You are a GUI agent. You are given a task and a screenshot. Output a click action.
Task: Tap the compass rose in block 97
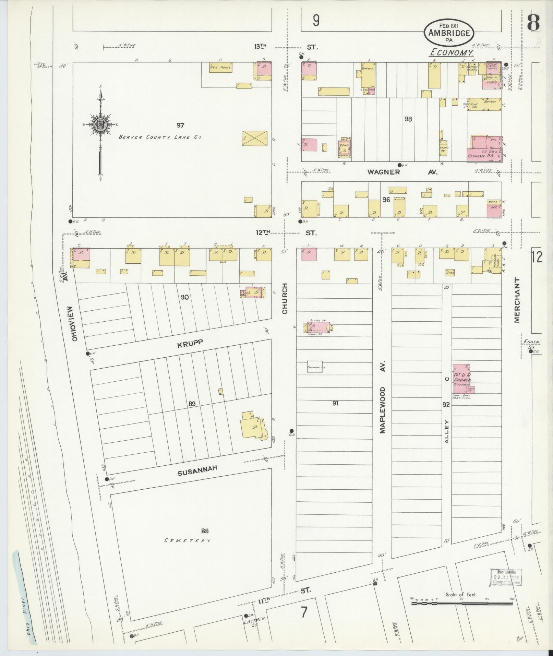100,125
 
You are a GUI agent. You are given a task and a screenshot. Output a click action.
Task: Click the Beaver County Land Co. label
160,137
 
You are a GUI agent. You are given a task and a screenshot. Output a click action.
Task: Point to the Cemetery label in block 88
188,540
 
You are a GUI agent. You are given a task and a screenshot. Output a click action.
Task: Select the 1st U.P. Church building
462,379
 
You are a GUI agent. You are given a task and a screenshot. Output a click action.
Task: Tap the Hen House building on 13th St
221,67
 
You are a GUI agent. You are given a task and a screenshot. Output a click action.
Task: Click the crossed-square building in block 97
254,139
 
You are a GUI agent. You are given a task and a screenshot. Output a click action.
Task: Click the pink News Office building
494,208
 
